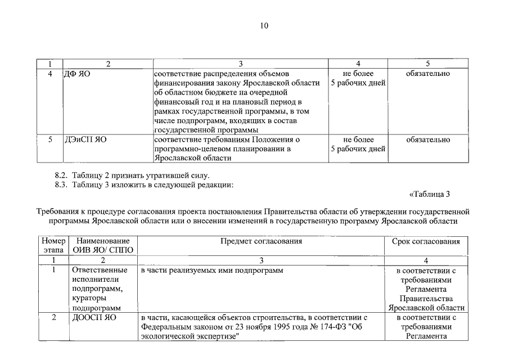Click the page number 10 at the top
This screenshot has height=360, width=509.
[x=265, y=25]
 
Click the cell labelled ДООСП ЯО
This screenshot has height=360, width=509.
[x=93, y=317]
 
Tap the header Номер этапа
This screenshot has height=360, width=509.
[x=53, y=246]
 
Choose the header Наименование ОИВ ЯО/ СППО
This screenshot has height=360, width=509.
[x=103, y=246]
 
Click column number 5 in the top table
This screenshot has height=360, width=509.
[x=427, y=64]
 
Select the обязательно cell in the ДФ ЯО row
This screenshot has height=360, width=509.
[x=427, y=74]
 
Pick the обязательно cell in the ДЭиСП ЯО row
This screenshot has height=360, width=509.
[x=427, y=139]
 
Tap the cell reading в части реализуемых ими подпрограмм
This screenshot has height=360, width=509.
[x=211, y=271]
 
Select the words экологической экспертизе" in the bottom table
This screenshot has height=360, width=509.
[x=190, y=336]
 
